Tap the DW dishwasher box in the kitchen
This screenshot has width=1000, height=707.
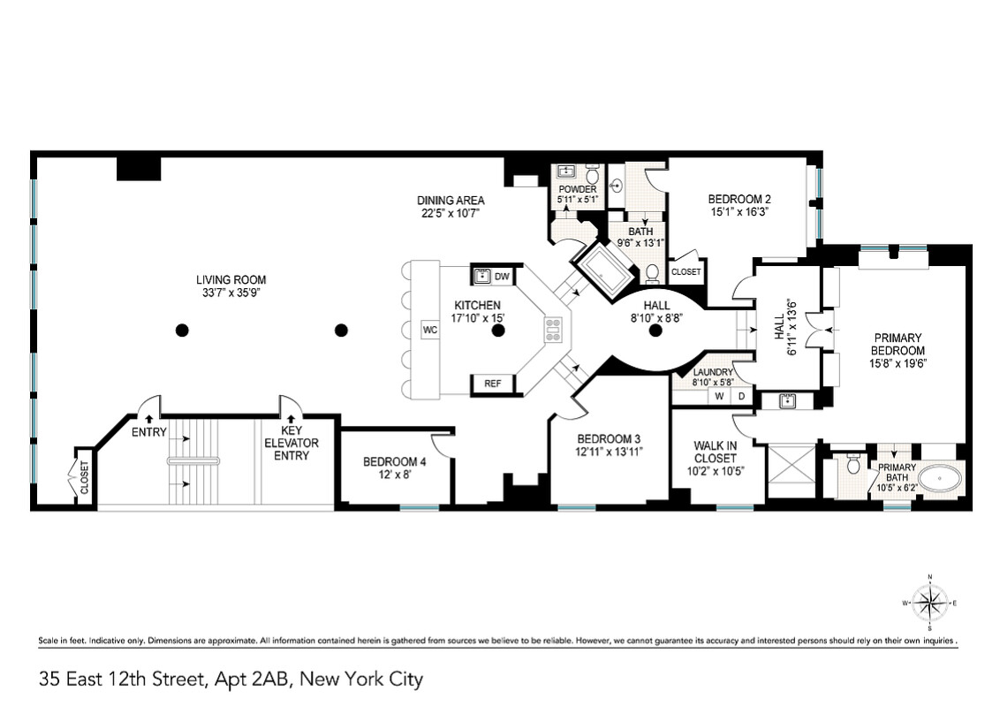click(501, 277)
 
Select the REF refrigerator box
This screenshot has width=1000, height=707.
click(492, 384)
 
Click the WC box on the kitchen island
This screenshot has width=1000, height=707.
click(430, 330)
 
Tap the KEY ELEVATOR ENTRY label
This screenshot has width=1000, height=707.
click(292, 443)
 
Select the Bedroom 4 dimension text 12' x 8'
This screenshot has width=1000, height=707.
click(388, 475)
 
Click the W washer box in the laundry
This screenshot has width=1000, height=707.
click(719, 397)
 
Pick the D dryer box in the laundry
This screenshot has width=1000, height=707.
click(742, 397)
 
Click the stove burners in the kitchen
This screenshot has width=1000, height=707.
click(554, 330)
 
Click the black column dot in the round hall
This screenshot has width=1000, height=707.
click(655, 331)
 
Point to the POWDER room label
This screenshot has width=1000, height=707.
click(578, 189)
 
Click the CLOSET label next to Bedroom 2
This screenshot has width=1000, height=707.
click(686, 272)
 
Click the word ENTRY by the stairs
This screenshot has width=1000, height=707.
click(149, 432)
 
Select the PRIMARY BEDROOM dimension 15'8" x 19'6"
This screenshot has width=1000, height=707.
click(898, 362)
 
